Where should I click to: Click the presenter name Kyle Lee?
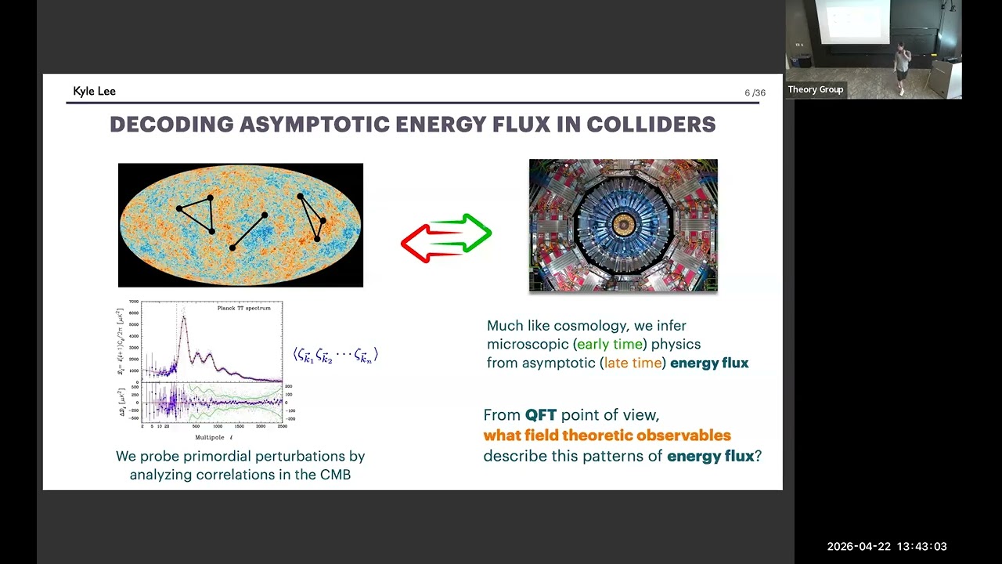coord(94,92)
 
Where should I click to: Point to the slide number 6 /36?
coord(755,93)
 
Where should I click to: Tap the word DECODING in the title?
coord(160,125)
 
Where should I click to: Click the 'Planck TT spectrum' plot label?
coord(243,309)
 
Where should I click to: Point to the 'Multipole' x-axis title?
coord(212,437)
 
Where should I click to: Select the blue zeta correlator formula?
coord(335,355)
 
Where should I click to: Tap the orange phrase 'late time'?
coord(633,363)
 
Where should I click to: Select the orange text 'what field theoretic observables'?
coord(607,436)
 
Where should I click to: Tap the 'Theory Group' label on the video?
coord(815,89)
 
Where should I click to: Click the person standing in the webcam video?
coord(902,67)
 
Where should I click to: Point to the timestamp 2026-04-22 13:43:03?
coord(887,547)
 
